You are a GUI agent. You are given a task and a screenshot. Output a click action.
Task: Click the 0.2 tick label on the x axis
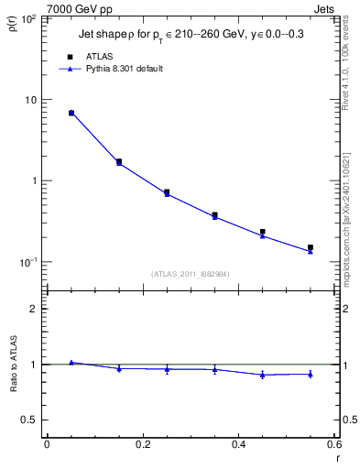(x=142, y=444)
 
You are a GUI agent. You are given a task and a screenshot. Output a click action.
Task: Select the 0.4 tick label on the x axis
(x=238, y=444)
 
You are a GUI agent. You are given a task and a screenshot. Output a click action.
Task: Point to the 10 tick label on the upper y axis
(x=31, y=100)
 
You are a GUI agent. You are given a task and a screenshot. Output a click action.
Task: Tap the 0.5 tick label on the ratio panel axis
(x=30, y=420)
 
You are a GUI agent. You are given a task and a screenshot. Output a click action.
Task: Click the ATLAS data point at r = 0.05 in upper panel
(x=71, y=113)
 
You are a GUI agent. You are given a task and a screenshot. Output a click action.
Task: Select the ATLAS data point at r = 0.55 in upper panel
(x=311, y=247)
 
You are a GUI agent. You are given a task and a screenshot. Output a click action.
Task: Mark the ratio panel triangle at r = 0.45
(x=263, y=375)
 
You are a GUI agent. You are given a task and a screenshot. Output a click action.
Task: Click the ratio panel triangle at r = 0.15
(x=119, y=368)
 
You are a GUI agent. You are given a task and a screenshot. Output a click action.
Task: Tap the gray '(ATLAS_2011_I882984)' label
(x=190, y=273)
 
